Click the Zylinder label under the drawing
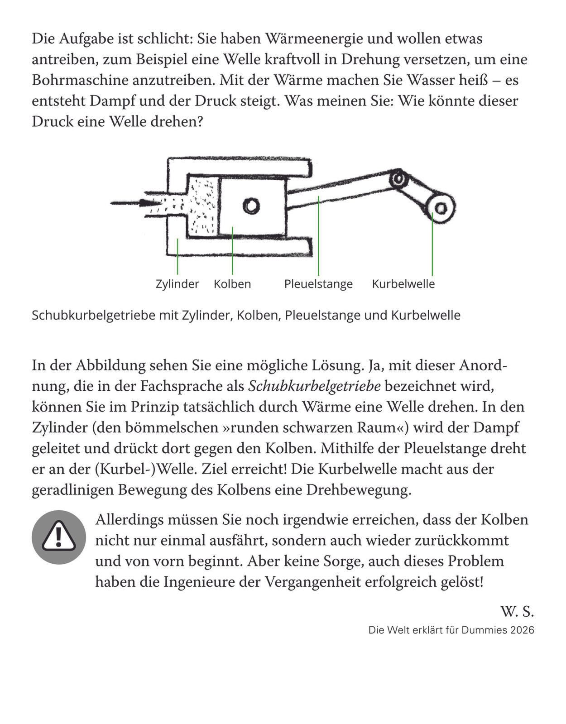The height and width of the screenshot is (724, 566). [177, 284]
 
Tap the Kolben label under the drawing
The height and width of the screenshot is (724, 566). [232, 284]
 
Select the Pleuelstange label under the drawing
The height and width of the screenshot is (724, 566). [318, 284]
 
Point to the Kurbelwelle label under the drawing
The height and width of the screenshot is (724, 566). [403, 284]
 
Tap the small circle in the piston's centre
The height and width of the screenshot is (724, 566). [251, 206]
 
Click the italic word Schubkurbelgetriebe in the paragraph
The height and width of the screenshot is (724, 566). [315, 386]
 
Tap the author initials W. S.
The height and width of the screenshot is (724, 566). [517, 612]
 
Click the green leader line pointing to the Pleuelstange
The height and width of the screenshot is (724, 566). [318, 235]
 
